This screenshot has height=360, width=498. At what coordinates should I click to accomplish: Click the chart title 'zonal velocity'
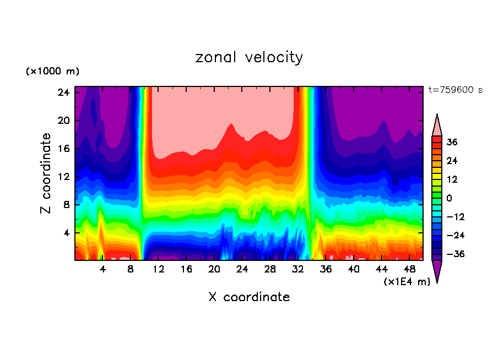point(249,57)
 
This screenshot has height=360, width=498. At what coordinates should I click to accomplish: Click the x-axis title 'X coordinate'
point(249,297)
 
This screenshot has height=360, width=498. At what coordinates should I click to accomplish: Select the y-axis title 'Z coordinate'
point(46,173)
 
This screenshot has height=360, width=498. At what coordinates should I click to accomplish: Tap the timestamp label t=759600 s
point(455,90)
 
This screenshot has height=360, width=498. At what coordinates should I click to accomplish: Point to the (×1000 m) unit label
point(52,72)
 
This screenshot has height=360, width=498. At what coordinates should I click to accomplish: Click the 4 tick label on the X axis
point(102,270)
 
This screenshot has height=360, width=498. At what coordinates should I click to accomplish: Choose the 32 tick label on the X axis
point(298,270)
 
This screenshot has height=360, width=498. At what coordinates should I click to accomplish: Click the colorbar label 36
point(452,142)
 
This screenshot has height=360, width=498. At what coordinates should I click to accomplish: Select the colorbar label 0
point(450,198)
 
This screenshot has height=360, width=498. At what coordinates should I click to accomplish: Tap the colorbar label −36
point(454,254)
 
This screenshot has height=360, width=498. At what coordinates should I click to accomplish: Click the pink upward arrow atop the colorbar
point(437,125)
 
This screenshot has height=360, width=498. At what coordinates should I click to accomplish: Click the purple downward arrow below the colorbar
point(437,271)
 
